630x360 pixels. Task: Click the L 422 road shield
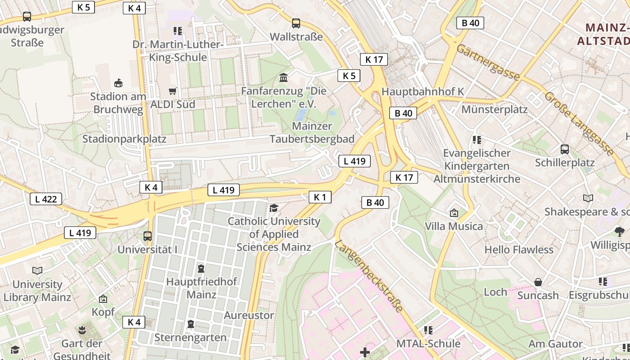(46, 199)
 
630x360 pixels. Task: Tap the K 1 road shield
(320, 197)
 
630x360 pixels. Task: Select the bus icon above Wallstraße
(296, 23)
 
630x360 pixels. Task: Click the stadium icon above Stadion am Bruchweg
(118, 83)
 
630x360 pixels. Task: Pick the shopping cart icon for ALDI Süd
(172, 91)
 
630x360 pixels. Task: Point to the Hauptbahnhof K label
(423, 91)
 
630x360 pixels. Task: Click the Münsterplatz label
(494, 110)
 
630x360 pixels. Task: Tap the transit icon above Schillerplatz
(564, 149)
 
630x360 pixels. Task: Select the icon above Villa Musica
(454, 212)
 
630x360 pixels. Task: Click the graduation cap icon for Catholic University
(274, 208)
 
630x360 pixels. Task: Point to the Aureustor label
(249, 315)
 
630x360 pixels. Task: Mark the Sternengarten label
(190, 337)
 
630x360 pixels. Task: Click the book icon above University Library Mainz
(37, 270)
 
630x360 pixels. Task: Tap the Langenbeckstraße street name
(369, 276)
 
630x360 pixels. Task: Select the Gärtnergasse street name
(488, 62)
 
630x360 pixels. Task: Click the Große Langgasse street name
(579, 123)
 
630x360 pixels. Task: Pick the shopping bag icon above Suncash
(538, 282)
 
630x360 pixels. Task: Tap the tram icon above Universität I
(148, 235)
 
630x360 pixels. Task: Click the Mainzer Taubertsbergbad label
(312, 132)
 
